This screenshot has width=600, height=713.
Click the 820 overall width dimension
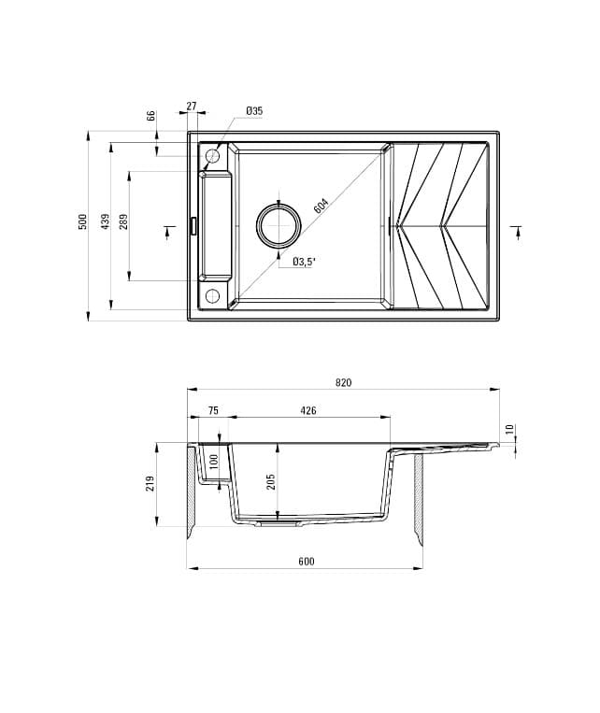point(342,382)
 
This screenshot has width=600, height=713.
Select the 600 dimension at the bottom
point(307,561)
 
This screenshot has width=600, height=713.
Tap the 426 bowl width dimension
point(307,410)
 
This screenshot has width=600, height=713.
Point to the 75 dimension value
point(212,410)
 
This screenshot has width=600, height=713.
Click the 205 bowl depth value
point(271,481)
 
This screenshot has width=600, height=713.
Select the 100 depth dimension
point(213,461)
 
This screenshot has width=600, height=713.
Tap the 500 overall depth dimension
point(83,221)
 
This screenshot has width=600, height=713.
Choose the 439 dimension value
point(106,221)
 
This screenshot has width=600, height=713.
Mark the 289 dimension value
point(123,222)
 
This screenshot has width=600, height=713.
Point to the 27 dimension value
point(192,107)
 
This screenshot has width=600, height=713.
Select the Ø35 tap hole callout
point(254,111)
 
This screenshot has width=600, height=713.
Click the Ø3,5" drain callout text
point(304,262)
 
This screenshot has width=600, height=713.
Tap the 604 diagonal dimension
point(321,207)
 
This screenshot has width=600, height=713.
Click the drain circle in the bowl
point(279,225)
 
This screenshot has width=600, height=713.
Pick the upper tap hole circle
point(212,156)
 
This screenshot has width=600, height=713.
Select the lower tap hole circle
point(212,297)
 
